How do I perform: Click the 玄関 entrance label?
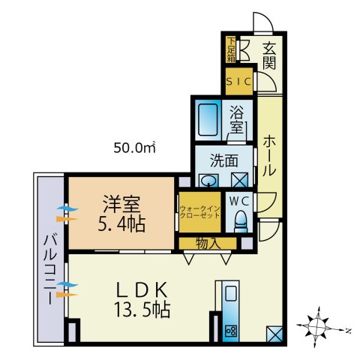point(269,55)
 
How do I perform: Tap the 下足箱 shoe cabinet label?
point(231,49)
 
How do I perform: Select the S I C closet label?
point(240,81)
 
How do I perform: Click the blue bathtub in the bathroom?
point(208,118)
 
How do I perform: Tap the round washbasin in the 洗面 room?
point(208,180)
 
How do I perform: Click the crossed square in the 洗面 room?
point(239,180)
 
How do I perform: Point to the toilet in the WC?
point(241,219)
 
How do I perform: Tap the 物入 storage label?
point(207,242)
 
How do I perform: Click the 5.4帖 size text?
point(123,223)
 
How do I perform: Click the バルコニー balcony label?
point(49,266)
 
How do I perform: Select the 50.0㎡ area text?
point(134,147)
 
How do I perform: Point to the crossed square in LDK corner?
point(274,333)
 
